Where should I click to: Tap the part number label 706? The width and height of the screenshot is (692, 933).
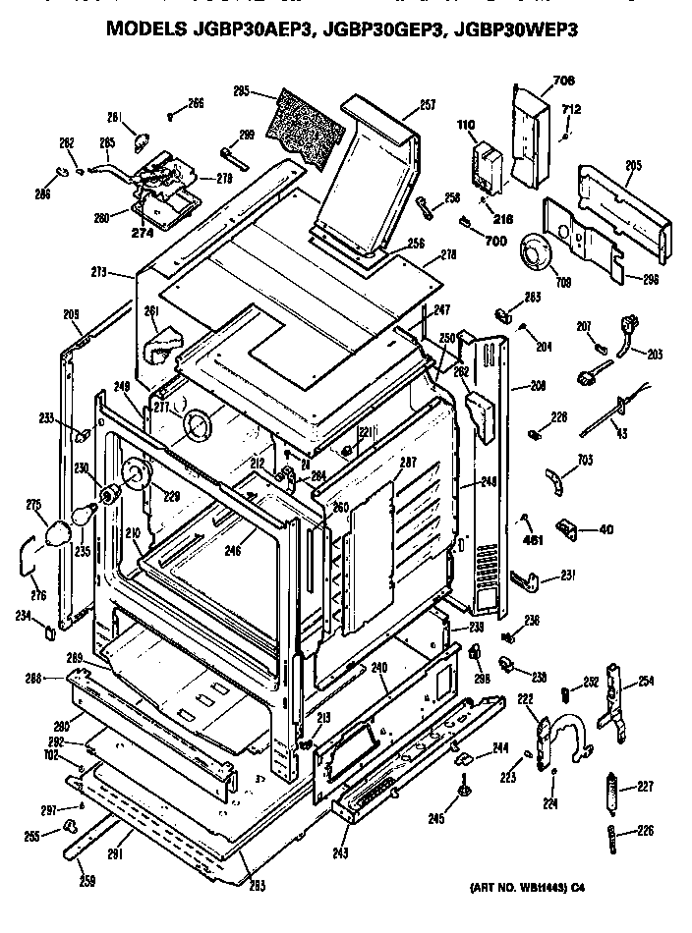point(535,80)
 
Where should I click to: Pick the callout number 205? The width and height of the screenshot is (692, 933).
point(633,166)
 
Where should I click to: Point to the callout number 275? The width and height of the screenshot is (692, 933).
point(34,505)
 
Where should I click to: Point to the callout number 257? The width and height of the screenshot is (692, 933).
point(427,103)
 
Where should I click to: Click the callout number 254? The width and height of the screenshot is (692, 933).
point(646,681)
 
